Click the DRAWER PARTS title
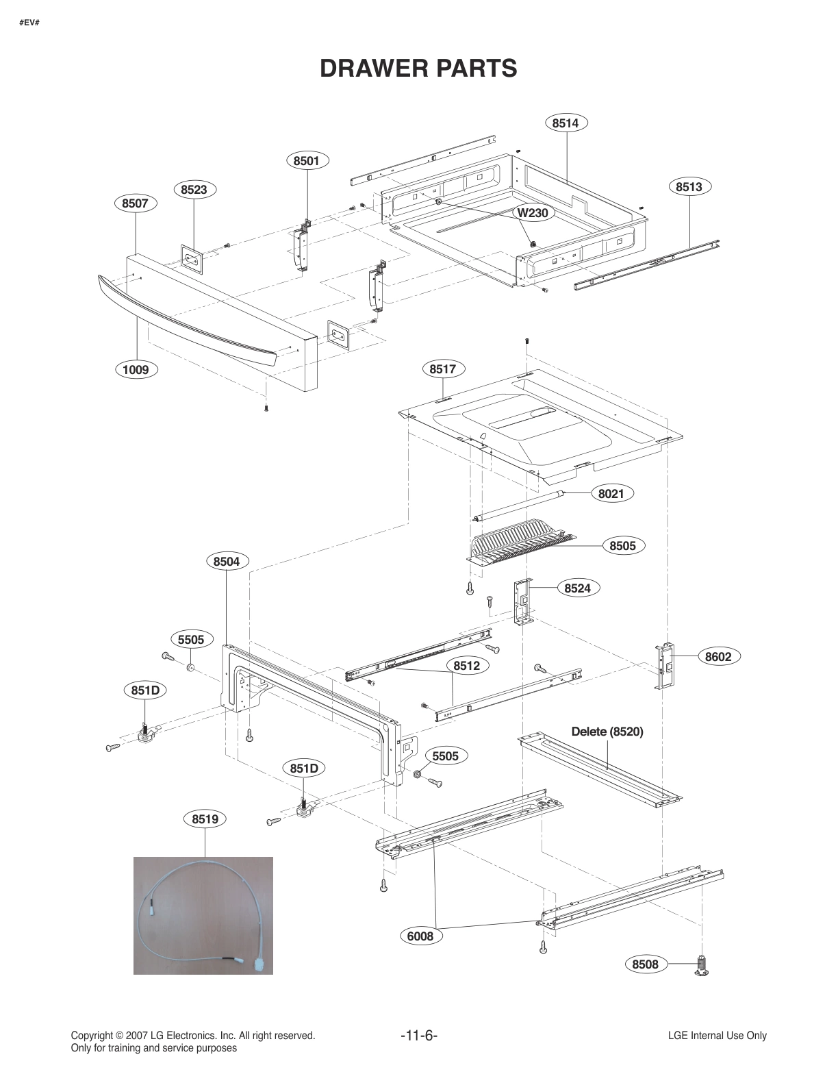[418, 68]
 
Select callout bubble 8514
[566, 123]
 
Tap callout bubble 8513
[689, 187]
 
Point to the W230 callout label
[532, 212]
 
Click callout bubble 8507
[135, 203]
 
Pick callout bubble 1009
[136, 370]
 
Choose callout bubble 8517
[442, 369]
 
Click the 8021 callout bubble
[611, 493]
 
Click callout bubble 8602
[718, 657]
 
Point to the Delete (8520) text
[607, 732]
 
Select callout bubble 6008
[420, 936]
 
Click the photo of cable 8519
[203, 915]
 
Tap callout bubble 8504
[227, 562]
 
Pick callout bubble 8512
[466, 666]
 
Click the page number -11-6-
[418, 1036]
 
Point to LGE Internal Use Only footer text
[717, 1036]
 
